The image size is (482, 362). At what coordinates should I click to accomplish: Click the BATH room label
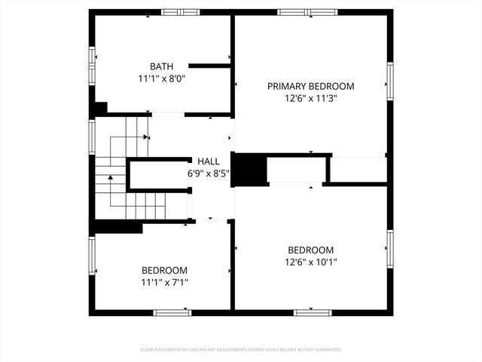161,66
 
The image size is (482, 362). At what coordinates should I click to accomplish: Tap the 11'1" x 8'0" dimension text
161,78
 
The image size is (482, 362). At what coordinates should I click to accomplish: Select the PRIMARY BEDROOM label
310,87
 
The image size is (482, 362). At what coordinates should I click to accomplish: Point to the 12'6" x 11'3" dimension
310,98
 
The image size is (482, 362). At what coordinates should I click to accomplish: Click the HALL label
209,161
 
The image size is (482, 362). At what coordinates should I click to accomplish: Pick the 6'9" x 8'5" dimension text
209,173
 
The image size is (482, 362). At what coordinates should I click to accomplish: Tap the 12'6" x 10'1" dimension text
310,262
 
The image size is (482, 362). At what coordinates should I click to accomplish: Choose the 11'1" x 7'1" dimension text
164,283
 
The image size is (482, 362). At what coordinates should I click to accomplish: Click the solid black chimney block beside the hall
250,169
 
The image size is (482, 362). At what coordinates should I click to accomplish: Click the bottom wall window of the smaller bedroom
172,311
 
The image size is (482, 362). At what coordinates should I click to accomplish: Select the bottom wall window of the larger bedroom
313,311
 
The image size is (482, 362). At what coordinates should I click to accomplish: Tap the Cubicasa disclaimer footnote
241,350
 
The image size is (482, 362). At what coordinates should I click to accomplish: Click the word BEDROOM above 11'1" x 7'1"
164,271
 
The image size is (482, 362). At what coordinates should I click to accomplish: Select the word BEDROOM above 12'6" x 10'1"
310,250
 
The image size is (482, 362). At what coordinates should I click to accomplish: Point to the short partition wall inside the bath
209,66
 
